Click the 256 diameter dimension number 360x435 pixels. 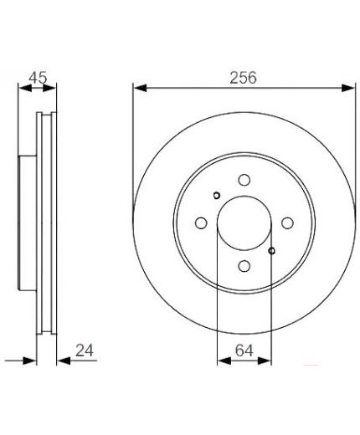(x=243, y=78)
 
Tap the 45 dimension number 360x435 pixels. (x=39, y=78)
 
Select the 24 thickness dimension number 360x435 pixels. (x=85, y=351)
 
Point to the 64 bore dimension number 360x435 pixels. (x=244, y=351)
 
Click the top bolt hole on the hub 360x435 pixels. (x=244, y=180)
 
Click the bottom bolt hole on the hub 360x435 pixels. (x=244, y=266)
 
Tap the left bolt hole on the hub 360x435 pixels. (x=201, y=223)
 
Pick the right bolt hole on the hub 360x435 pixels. (x=287, y=223)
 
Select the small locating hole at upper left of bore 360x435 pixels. (x=217, y=196)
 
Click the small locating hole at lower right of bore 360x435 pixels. (x=271, y=251)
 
